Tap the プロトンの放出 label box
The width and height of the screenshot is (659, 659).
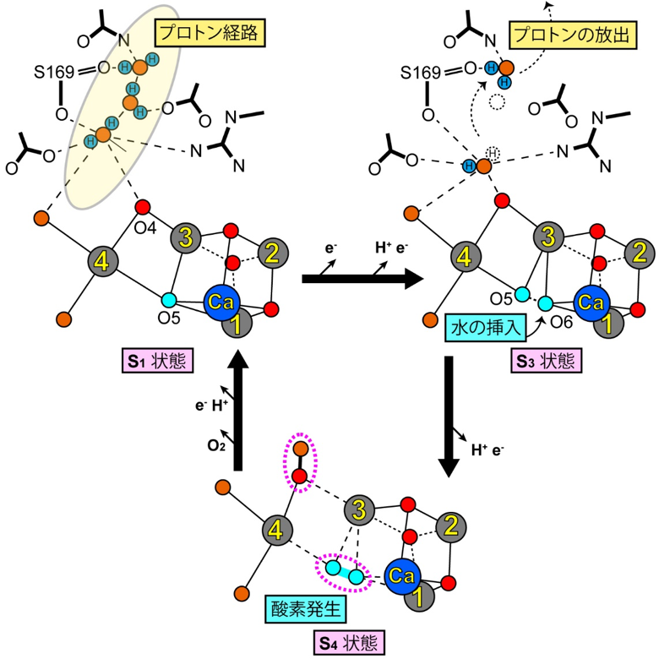point(573,36)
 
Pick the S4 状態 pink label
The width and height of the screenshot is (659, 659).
point(349,643)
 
